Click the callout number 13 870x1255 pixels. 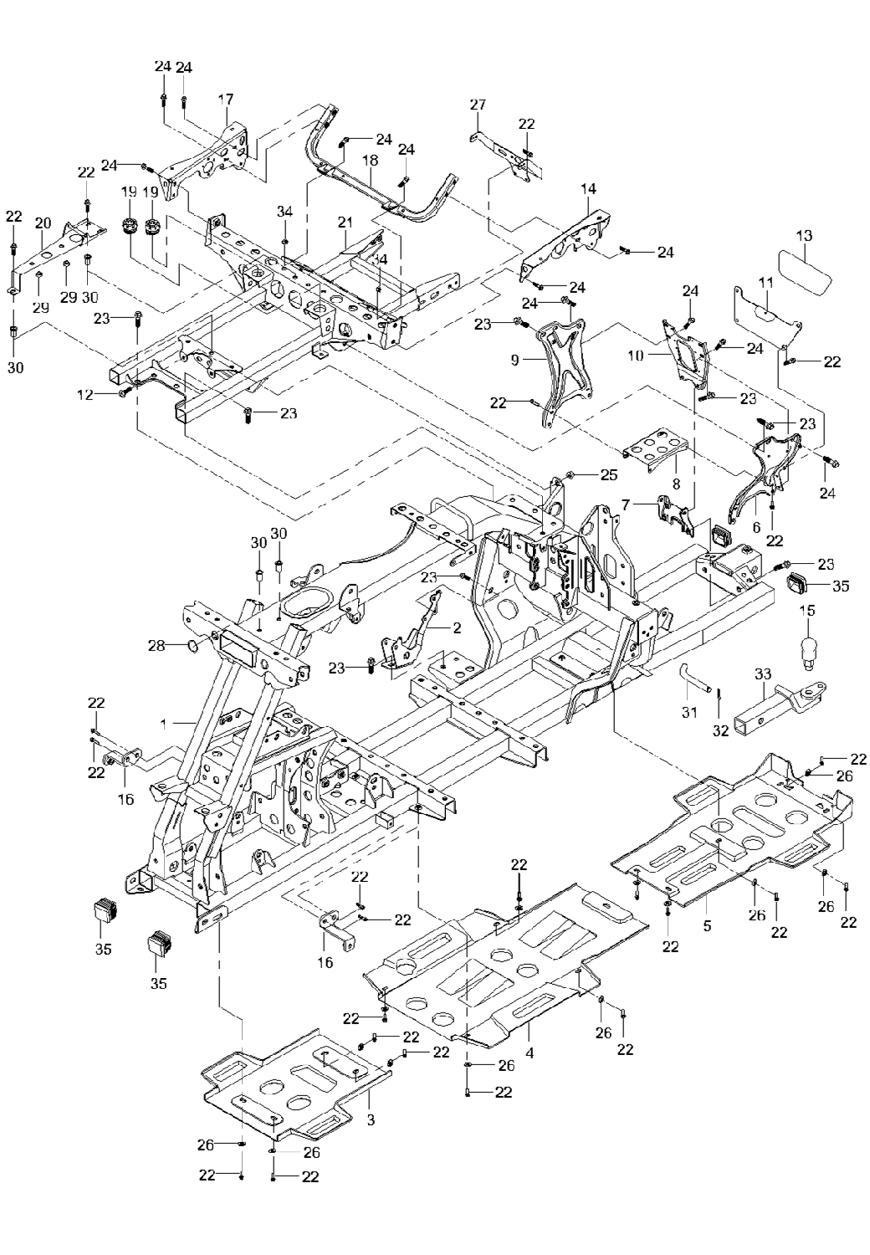click(803, 236)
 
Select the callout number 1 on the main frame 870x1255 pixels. click(163, 720)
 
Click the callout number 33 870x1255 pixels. click(762, 674)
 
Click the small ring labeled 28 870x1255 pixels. click(192, 645)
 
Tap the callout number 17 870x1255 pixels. click(225, 100)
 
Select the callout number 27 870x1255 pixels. click(478, 105)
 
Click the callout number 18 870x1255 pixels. click(371, 160)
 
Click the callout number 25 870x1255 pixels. click(608, 474)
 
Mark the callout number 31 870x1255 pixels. click(688, 712)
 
